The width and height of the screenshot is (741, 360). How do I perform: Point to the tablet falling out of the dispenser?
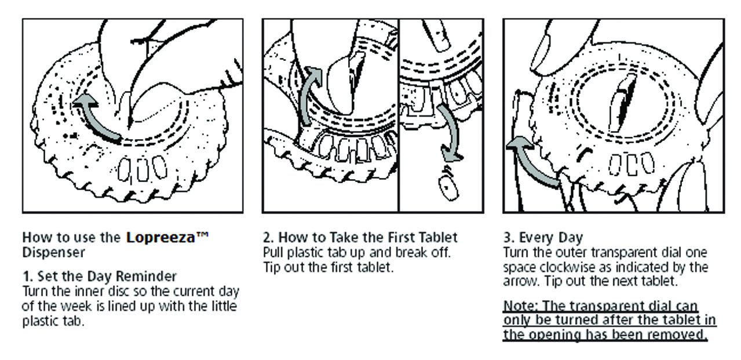(x=448, y=188)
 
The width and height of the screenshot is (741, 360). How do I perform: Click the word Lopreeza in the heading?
(x=160, y=238)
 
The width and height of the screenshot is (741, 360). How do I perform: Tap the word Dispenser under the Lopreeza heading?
(x=53, y=252)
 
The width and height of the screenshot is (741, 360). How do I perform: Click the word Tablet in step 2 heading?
(x=438, y=237)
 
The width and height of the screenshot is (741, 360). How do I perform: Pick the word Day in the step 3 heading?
(x=571, y=238)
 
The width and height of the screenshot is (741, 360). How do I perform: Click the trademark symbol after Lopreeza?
(x=202, y=235)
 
